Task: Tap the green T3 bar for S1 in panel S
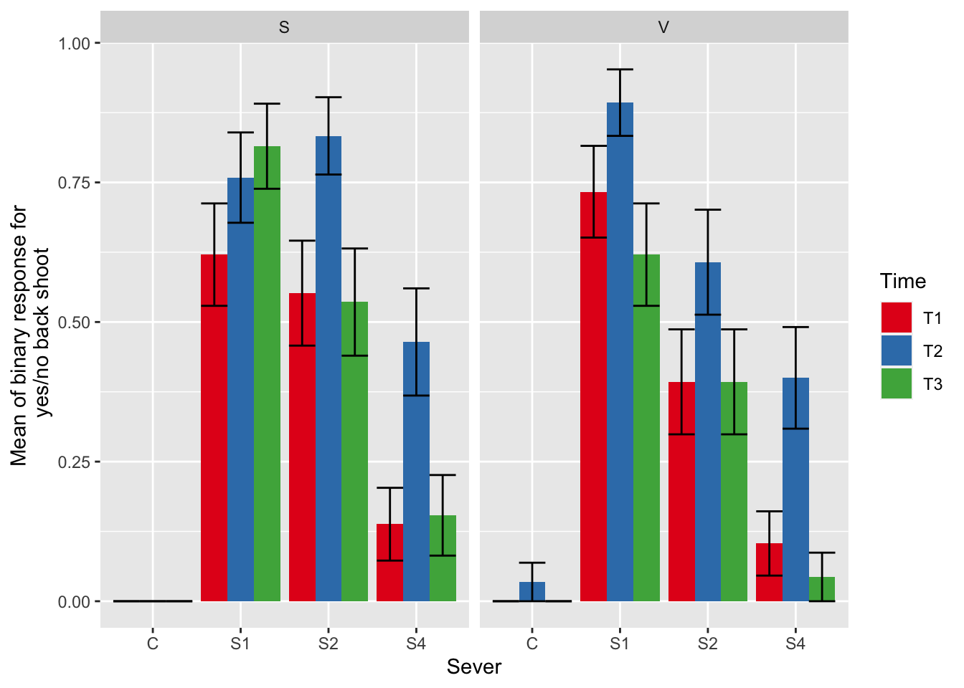[x=267, y=373]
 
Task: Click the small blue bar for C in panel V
[x=532, y=591]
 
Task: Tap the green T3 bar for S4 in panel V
[x=822, y=588]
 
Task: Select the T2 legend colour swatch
[x=897, y=350]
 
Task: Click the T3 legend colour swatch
[x=897, y=383]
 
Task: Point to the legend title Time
[x=903, y=281]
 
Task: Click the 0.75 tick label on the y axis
[x=74, y=183]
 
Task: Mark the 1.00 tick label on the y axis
[x=74, y=43]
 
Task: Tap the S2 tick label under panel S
[x=329, y=644]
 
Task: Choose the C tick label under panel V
[x=531, y=644]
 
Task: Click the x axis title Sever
[x=474, y=667]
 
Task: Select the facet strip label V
[x=663, y=28]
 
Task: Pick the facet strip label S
[x=284, y=28]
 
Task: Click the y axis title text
[x=30, y=335]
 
